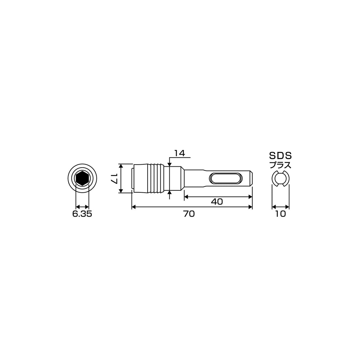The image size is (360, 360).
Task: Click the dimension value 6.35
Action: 82,214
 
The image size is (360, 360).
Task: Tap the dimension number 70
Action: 189,214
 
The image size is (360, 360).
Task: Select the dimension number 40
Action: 217,202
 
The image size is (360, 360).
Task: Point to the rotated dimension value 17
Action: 114,178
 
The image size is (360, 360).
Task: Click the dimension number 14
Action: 180,153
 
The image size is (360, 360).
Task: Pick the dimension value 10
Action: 280,214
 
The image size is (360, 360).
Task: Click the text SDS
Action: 280,156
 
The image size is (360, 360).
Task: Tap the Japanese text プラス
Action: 280,165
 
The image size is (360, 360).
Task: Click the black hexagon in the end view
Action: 82,178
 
